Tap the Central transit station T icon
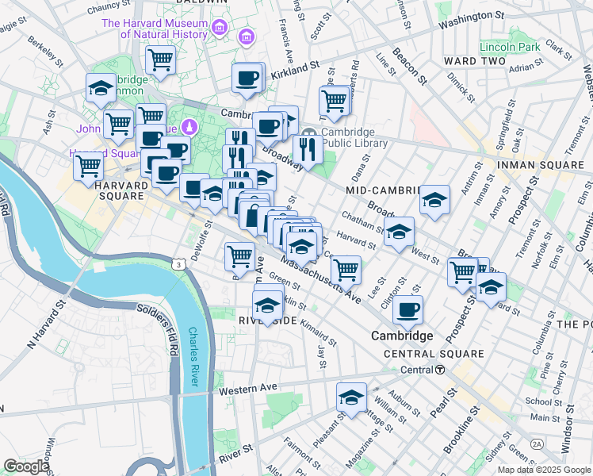point(438,370)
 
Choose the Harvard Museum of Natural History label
point(166,29)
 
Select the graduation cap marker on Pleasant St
point(351,398)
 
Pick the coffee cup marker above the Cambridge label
point(407,310)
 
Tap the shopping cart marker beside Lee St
point(346,270)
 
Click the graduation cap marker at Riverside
point(268,305)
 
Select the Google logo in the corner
point(26,466)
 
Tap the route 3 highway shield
point(182,263)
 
